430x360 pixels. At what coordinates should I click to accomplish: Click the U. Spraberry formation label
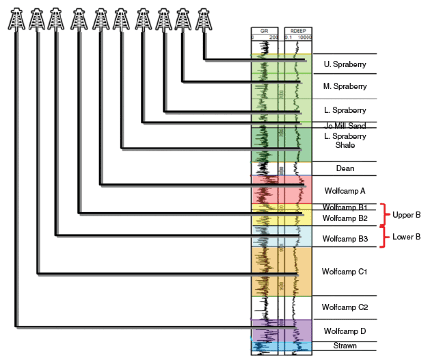tap(345, 65)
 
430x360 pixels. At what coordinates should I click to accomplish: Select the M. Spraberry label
tap(345, 86)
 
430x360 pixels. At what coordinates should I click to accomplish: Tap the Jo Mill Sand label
tap(345, 126)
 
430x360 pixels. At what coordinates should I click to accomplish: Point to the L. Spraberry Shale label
tap(345, 141)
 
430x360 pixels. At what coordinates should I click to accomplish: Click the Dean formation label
tap(345, 168)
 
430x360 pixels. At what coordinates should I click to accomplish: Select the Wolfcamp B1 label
tap(345, 207)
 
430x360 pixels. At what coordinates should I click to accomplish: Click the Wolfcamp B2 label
tap(345, 218)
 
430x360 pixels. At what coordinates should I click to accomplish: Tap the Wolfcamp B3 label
tap(345, 239)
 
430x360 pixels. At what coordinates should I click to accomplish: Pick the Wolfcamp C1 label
tap(345, 272)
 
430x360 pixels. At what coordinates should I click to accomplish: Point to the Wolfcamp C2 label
tap(345, 307)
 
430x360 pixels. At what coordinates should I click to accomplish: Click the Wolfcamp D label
tap(345, 331)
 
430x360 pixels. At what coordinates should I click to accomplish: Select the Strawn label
tap(345, 346)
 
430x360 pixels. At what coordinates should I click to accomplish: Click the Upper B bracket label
tap(406, 215)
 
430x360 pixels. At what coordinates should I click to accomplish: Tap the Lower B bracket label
tap(406, 237)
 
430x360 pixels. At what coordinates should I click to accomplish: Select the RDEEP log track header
tap(298, 31)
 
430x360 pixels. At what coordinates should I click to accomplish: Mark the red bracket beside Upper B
tap(385, 215)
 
